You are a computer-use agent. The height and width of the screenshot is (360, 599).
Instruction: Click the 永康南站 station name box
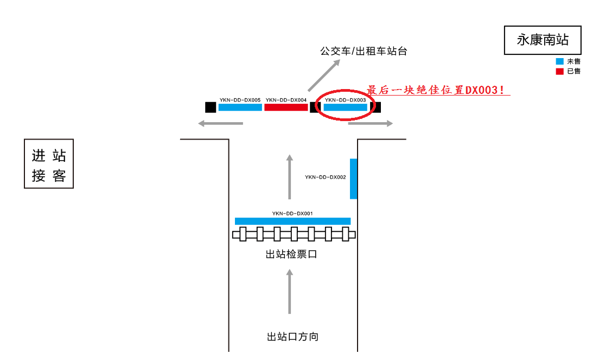click(543, 40)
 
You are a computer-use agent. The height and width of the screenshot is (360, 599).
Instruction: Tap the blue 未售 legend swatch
click(559, 61)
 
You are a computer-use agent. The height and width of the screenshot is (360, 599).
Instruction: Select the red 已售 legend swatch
click(559, 71)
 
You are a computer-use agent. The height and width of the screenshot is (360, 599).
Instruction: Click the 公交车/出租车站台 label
click(363, 52)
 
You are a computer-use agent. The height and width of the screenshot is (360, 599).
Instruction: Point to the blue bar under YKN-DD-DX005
click(240, 108)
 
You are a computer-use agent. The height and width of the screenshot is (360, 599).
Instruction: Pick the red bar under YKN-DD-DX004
click(286, 108)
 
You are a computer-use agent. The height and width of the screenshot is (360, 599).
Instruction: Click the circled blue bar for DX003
click(346, 108)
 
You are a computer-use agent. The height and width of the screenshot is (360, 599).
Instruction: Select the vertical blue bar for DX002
click(353, 179)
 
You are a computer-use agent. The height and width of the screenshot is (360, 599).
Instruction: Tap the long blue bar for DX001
click(292, 221)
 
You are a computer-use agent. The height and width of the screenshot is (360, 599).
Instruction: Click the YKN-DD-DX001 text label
click(292, 213)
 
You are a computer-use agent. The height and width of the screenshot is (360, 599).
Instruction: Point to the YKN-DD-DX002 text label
click(325, 177)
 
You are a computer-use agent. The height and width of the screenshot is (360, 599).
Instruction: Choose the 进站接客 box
click(49, 164)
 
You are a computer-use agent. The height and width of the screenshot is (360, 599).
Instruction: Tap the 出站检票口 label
click(291, 254)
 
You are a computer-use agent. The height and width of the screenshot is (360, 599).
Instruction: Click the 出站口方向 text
click(292, 337)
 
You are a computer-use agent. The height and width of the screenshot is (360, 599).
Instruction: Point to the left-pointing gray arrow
click(220, 124)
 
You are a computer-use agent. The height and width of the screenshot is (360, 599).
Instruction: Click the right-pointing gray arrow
click(370, 124)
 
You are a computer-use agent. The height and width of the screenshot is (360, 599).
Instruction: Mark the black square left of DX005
click(211, 108)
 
